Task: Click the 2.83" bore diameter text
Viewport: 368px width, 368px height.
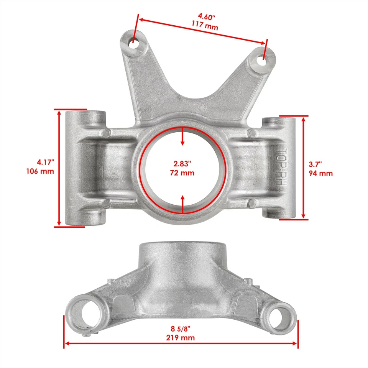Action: point(182,164)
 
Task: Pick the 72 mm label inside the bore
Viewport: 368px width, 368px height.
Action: point(182,172)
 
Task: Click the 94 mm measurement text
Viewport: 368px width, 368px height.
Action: point(320,173)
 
